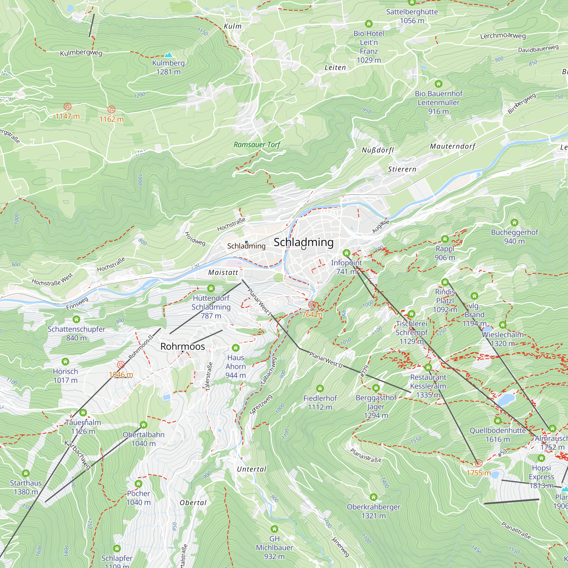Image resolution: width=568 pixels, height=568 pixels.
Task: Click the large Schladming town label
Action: (x=303, y=242)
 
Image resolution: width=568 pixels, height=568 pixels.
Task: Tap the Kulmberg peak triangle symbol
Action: (x=168, y=55)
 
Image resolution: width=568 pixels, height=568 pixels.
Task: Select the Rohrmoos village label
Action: (x=182, y=346)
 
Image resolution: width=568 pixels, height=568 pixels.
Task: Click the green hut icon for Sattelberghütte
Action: (x=412, y=3)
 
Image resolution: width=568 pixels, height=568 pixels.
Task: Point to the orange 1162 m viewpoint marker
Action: (x=111, y=110)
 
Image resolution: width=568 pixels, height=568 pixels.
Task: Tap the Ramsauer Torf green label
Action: (x=257, y=145)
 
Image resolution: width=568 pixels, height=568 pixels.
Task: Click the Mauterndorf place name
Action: (x=452, y=147)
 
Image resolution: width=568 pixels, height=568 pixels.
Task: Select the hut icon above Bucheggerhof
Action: (x=514, y=223)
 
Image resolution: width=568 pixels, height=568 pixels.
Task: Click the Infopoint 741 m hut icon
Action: (x=346, y=253)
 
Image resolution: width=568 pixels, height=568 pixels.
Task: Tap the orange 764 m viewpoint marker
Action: (x=312, y=305)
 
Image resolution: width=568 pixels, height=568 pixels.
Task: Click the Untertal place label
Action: (x=252, y=469)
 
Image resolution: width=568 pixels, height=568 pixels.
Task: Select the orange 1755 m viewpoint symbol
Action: (x=479, y=463)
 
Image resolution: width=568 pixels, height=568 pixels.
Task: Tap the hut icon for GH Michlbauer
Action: (x=274, y=529)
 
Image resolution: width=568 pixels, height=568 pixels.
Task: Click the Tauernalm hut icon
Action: (x=83, y=413)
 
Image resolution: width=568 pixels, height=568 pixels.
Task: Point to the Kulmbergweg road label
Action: (x=81, y=53)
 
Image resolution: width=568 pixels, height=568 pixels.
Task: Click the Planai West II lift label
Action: (x=326, y=360)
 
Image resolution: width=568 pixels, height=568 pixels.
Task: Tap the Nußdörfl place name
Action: (x=377, y=150)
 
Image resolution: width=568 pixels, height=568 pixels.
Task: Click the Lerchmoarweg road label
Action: (x=503, y=36)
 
